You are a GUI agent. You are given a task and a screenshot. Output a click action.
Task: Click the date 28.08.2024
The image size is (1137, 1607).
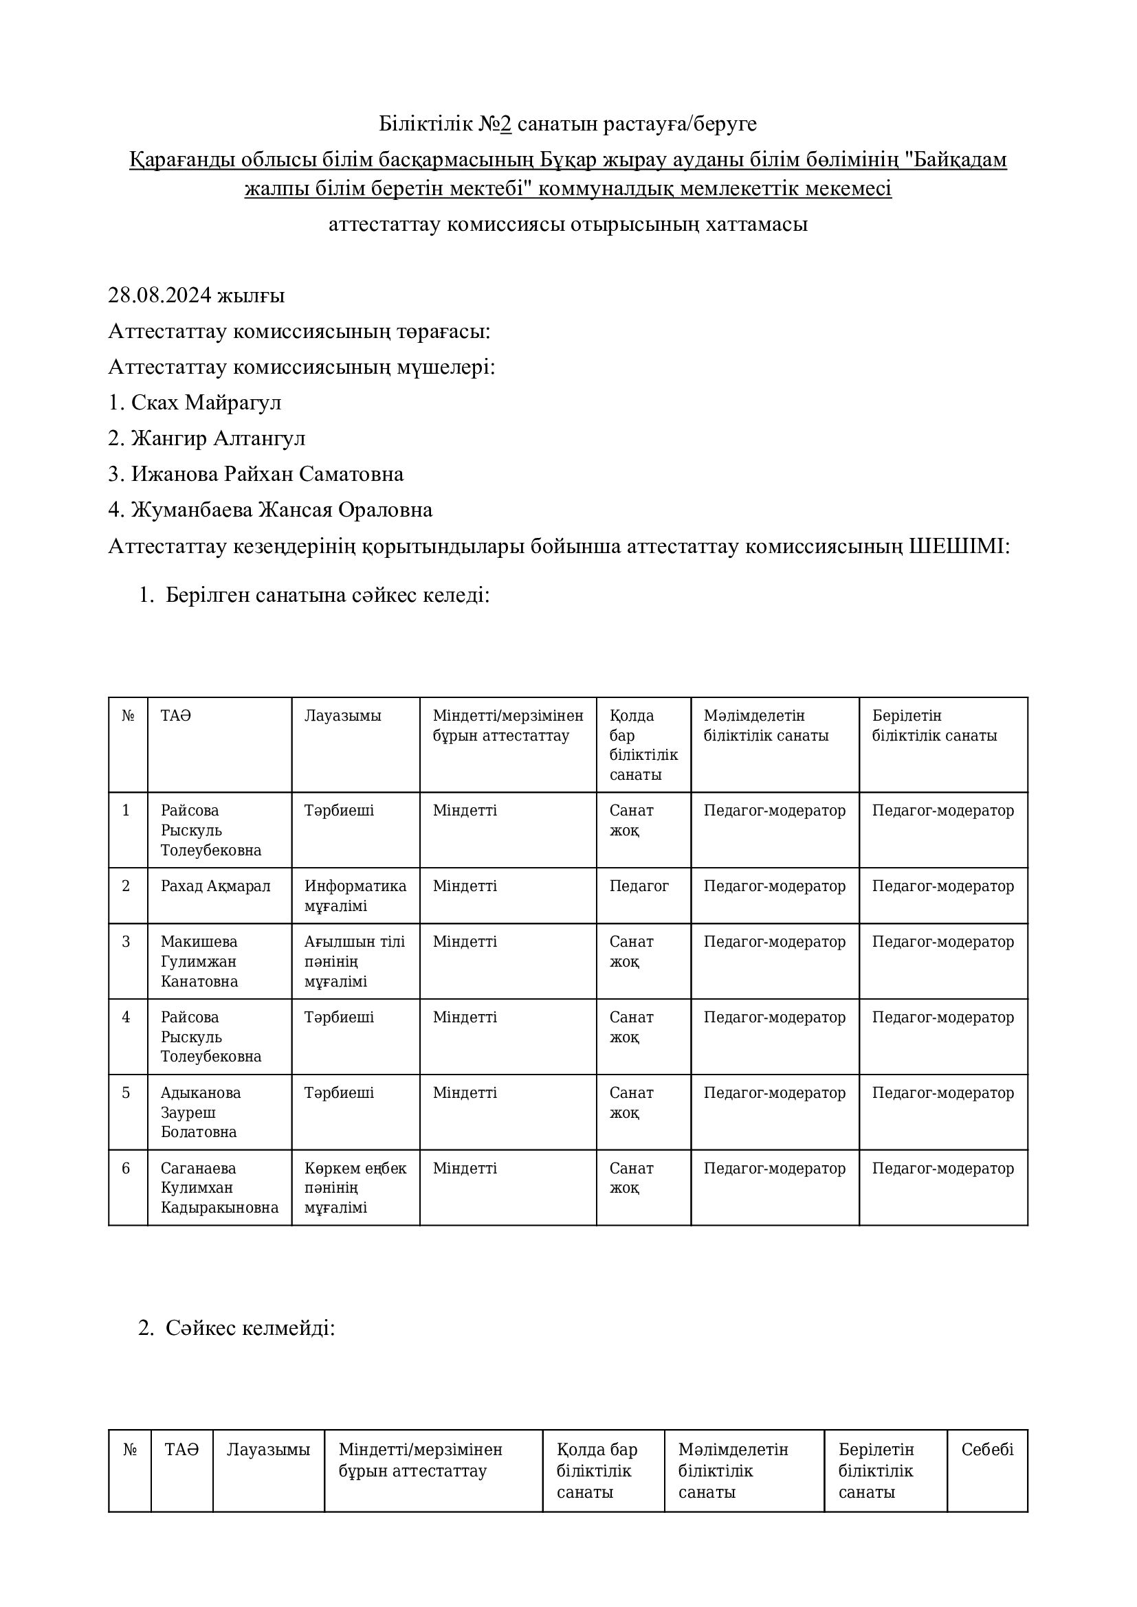tap(159, 296)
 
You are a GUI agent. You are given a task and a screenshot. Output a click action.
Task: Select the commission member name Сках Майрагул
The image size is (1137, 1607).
tap(206, 403)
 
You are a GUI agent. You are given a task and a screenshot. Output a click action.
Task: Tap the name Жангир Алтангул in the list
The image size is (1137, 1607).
tap(218, 438)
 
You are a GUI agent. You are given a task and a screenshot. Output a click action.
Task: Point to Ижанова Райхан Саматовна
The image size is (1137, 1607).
tap(267, 474)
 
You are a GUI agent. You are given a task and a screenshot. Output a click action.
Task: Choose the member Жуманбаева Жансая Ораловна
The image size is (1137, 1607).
tap(281, 510)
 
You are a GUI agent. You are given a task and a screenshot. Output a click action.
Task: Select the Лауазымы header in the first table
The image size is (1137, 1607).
tap(342, 716)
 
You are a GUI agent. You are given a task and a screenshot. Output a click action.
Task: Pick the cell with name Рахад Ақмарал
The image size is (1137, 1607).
tap(215, 886)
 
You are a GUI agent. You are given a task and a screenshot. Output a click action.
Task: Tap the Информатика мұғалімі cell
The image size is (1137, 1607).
tap(355, 896)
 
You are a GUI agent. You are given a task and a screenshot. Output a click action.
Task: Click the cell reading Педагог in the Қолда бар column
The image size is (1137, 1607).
tap(639, 886)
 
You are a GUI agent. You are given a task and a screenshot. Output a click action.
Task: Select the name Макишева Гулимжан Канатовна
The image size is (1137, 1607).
tap(199, 961)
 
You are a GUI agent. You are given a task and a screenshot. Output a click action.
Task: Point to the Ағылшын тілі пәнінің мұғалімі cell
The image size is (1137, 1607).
tap(354, 961)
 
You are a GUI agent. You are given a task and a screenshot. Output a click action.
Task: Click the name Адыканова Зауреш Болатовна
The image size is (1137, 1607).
tap(200, 1112)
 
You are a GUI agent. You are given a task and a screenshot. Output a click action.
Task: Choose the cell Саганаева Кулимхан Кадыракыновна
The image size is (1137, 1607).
tap(219, 1188)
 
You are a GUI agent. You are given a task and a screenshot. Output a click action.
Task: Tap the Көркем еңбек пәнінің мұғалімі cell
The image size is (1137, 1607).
tap(355, 1188)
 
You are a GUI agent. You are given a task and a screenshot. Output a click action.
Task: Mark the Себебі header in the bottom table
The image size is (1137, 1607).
tap(987, 1450)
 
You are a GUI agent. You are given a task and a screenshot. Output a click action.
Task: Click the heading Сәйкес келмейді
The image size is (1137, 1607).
tap(250, 1328)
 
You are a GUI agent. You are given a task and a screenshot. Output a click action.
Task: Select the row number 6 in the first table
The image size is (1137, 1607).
tap(126, 1168)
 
